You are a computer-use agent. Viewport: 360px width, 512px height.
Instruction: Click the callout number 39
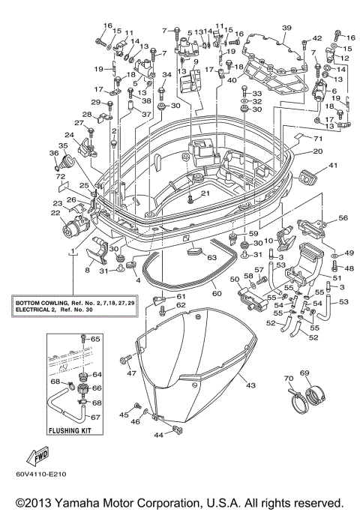[x=286, y=28]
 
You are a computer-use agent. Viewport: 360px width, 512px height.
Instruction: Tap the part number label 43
[x=250, y=386]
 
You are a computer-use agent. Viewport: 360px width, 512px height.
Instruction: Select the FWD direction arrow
[x=37, y=456]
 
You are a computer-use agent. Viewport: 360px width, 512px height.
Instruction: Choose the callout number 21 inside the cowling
[x=205, y=194]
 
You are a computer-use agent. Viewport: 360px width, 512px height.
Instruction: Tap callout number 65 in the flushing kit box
[x=95, y=340]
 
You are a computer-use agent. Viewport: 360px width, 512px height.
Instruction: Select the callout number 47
[x=130, y=373]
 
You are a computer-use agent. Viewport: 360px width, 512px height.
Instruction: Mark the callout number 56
[x=343, y=218]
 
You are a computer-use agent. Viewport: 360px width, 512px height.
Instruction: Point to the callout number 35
[x=63, y=146]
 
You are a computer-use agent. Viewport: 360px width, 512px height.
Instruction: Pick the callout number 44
[x=159, y=435]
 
